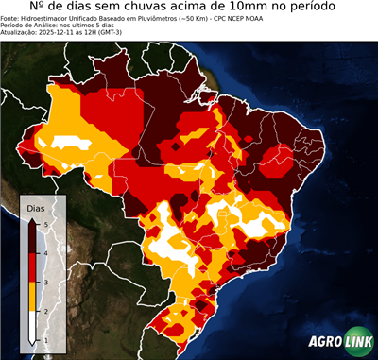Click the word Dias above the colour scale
pos(35,206)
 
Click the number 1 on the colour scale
pos(44,338)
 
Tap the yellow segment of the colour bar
pos(33,296)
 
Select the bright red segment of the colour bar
pos(33,266)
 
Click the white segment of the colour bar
pos(33,325)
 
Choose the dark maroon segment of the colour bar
pos(33,237)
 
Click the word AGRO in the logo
pos(325,342)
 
